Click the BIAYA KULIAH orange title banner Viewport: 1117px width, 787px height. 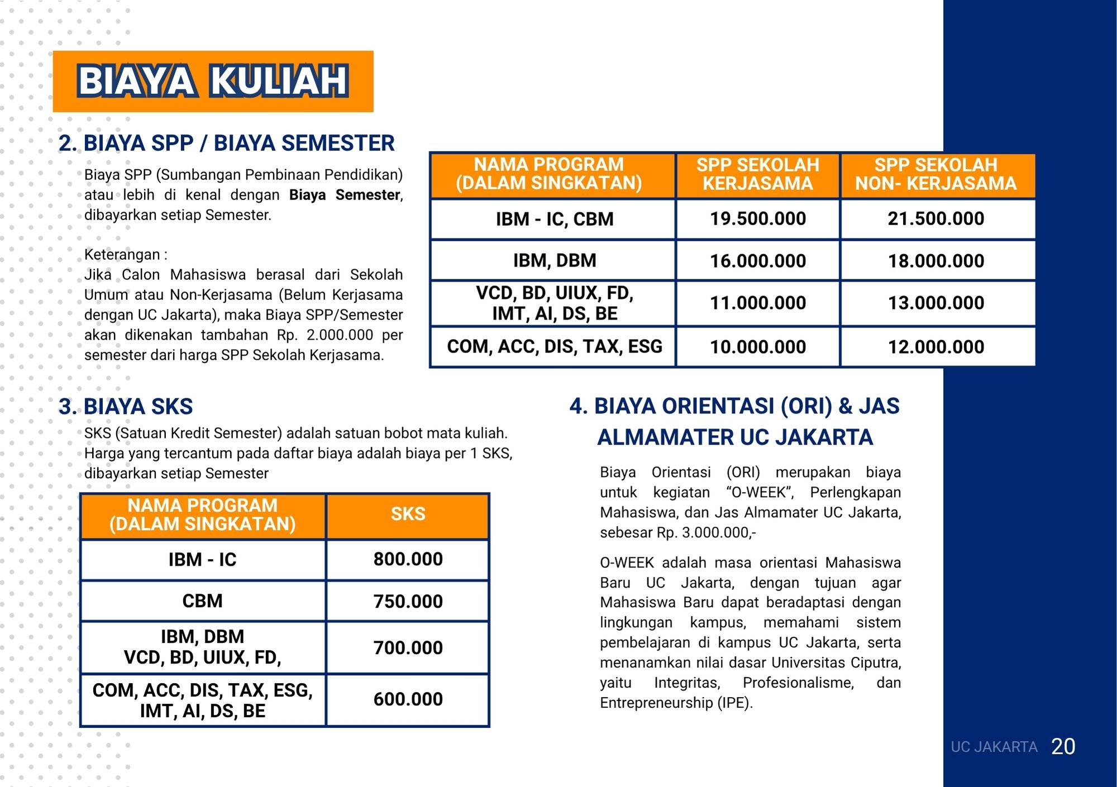pos(213,82)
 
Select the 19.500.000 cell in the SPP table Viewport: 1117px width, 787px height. pos(757,219)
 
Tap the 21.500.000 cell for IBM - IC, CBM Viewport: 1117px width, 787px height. pos(936,219)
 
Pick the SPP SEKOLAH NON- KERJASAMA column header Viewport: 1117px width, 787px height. pos(936,174)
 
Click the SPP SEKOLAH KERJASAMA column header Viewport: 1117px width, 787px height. pos(757,174)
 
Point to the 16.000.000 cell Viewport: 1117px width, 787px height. pos(757,261)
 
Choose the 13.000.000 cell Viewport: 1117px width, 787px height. pos(936,303)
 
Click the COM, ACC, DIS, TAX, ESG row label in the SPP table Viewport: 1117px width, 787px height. pos(554,346)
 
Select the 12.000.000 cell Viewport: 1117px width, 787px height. pos(936,347)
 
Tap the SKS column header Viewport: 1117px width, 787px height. pos(408,514)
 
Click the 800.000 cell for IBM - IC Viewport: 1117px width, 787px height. pos(408,559)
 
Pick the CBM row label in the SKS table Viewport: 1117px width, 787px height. pos(202,601)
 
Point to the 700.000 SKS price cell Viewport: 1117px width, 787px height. pos(408,648)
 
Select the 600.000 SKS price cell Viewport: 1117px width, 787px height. pos(408,699)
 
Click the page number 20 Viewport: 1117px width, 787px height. pos(1063,747)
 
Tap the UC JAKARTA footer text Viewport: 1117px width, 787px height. pos(994,747)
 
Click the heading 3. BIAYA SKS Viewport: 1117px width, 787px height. pos(126,407)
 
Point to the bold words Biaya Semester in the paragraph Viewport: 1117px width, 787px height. pos(345,195)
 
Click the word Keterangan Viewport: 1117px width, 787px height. pos(122,255)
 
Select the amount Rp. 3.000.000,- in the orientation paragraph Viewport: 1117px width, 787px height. pos(706,532)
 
